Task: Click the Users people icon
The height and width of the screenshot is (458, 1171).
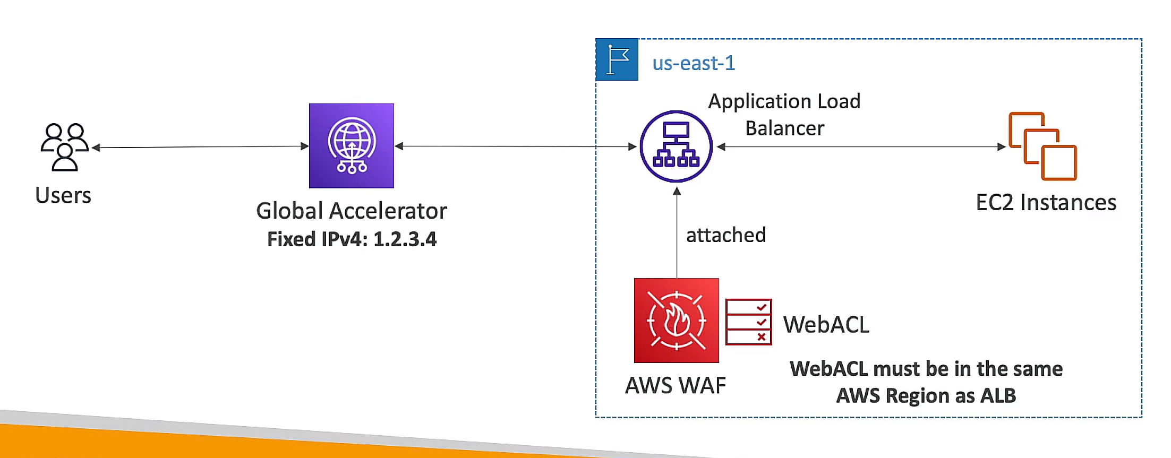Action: tap(64, 147)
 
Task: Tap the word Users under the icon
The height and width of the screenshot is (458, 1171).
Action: tap(63, 195)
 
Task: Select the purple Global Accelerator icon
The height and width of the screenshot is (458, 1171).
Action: tap(351, 145)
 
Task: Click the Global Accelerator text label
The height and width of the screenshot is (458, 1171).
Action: tap(351, 211)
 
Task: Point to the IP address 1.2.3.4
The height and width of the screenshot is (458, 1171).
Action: tap(405, 239)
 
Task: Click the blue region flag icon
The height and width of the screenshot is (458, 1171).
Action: tap(617, 59)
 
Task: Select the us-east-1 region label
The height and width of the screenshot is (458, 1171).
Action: tap(694, 63)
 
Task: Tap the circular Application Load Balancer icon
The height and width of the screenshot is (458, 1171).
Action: tap(676, 146)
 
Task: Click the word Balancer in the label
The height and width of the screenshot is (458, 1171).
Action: tap(784, 128)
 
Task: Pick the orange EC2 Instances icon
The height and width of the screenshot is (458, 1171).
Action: tap(1042, 146)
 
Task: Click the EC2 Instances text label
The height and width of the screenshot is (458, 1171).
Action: tap(1046, 203)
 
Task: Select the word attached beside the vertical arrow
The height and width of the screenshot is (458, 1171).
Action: tap(726, 235)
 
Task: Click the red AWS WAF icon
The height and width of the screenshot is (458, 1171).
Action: tap(676, 320)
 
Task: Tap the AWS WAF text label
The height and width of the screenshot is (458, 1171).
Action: tap(675, 386)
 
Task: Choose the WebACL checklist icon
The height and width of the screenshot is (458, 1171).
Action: tap(748, 322)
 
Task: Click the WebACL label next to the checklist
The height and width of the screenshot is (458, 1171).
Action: tap(826, 325)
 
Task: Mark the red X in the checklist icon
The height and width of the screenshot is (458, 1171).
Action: tap(761, 336)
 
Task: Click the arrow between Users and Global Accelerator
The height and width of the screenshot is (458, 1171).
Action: tap(201, 146)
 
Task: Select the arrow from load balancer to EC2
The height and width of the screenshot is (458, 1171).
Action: tap(860, 146)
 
